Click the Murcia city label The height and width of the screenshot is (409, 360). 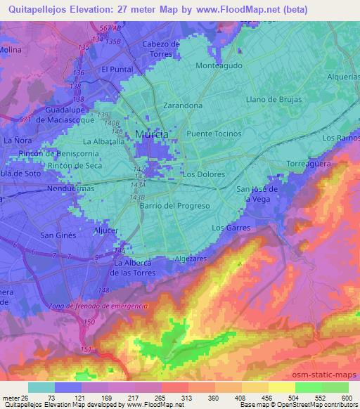[x=150, y=134]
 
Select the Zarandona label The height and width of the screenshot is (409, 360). [x=183, y=105]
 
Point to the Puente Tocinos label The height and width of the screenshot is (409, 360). [x=214, y=133]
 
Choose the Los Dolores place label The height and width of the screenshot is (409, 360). [x=204, y=174]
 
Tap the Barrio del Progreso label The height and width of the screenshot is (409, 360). [x=175, y=205]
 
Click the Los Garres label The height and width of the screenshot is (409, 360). [x=231, y=228]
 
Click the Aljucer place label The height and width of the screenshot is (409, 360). [x=105, y=230]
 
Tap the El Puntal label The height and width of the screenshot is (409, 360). [x=117, y=70]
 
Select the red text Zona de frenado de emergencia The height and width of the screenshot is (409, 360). [x=98, y=306]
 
